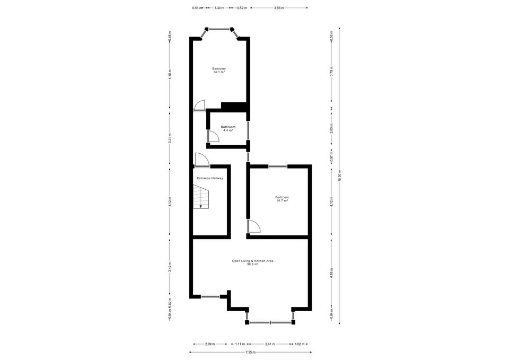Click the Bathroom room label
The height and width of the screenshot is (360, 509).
[228, 127]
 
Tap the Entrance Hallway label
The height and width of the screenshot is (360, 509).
[210, 178]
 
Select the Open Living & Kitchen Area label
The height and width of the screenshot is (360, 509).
[252, 261]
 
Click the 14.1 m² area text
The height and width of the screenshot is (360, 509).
[219, 72]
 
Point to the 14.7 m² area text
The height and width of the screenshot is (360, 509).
[282, 200]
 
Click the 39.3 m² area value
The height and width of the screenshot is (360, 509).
[252, 265]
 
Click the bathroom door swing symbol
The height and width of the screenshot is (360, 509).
[213, 136]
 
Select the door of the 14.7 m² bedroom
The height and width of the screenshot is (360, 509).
[253, 226]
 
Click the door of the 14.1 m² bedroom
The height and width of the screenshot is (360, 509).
[199, 105]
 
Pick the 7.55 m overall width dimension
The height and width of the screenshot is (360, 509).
[250, 352]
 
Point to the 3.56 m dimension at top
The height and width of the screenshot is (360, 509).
[279, 8]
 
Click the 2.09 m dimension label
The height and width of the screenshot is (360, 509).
[210, 344]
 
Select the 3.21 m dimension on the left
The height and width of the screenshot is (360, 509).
[170, 138]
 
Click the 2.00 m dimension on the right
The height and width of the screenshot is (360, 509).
[331, 130]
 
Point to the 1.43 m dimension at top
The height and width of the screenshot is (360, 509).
[219, 8]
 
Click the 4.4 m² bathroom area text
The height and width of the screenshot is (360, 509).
[228, 130]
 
